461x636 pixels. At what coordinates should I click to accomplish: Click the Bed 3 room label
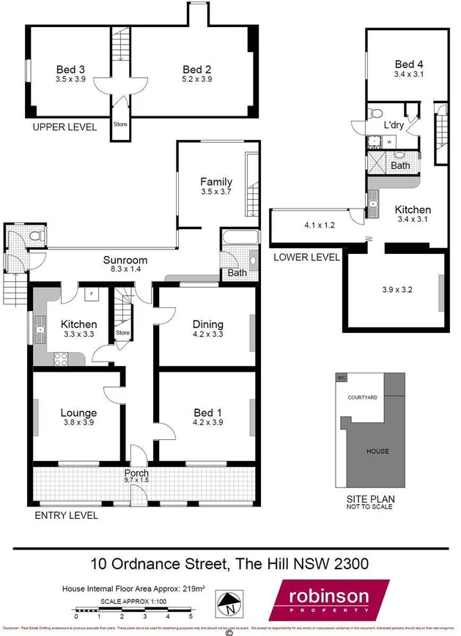(x=70, y=70)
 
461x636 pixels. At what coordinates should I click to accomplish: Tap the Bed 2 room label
(x=197, y=70)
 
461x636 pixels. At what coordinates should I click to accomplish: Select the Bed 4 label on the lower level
(x=409, y=64)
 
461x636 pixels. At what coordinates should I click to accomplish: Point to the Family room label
(x=216, y=182)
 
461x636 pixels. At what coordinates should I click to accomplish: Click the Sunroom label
(x=125, y=260)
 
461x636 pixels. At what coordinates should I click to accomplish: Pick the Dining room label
(x=207, y=325)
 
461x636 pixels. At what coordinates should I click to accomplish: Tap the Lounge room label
(x=78, y=413)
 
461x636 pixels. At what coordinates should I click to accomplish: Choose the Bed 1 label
(x=207, y=413)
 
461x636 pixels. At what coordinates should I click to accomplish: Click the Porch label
(x=136, y=473)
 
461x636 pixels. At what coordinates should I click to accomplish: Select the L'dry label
(x=394, y=125)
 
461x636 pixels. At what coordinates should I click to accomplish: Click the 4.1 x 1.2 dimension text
(x=320, y=225)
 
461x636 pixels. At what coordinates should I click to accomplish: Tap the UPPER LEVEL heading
(x=64, y=127)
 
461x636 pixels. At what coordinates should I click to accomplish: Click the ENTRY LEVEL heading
(x=67, y=515)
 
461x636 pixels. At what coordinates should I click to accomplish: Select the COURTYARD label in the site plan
(x=363, y=397)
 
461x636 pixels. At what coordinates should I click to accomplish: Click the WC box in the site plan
(x=341, y=378)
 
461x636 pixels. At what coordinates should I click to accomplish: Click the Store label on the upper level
(x=120, y=124)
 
